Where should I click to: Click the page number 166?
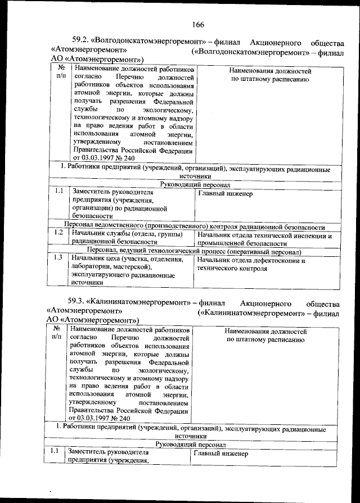click(197, 24)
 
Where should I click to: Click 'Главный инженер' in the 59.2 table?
click(225, 194)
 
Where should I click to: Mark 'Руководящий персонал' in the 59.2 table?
click(194, 184)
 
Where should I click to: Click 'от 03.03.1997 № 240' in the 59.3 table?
click(100, 418)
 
